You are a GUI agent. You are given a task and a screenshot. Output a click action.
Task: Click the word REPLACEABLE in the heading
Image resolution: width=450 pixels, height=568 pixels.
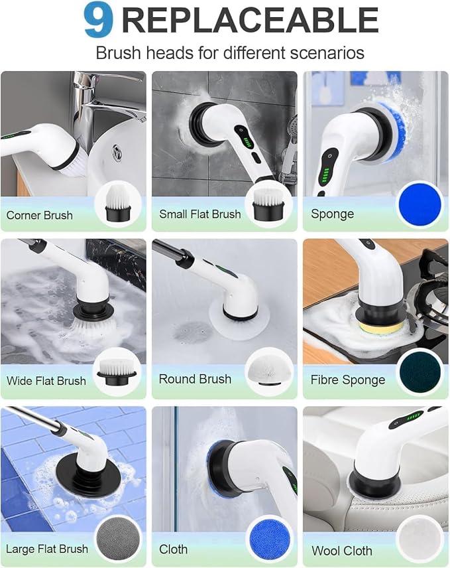click(250, 21)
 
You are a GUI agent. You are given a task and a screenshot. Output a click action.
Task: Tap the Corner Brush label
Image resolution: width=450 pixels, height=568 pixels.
click(40, 215)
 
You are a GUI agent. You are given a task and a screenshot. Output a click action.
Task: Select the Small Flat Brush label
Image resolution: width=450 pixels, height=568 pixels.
click(200, 214)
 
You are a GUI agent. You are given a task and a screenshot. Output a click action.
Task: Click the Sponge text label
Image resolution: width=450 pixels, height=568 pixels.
click(332, 214)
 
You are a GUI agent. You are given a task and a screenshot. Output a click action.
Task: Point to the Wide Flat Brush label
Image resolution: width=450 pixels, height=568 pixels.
click(46, 381)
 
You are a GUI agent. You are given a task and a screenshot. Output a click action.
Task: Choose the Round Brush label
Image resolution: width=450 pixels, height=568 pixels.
click(195, 380)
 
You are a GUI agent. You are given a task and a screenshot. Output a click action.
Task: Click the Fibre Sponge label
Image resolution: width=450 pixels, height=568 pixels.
click(348, 380)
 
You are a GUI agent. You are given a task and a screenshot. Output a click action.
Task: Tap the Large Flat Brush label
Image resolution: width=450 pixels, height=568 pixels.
click(47, 549)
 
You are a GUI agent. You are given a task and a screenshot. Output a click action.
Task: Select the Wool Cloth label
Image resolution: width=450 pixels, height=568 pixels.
click(343, 551)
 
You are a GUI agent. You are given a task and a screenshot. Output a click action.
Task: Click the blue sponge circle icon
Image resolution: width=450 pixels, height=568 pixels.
click(420, 206)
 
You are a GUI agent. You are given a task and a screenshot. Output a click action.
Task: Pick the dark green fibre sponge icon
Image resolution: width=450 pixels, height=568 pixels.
click(420, 373)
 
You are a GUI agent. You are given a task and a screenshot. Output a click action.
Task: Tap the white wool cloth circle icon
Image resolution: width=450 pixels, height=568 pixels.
click(420, 541)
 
